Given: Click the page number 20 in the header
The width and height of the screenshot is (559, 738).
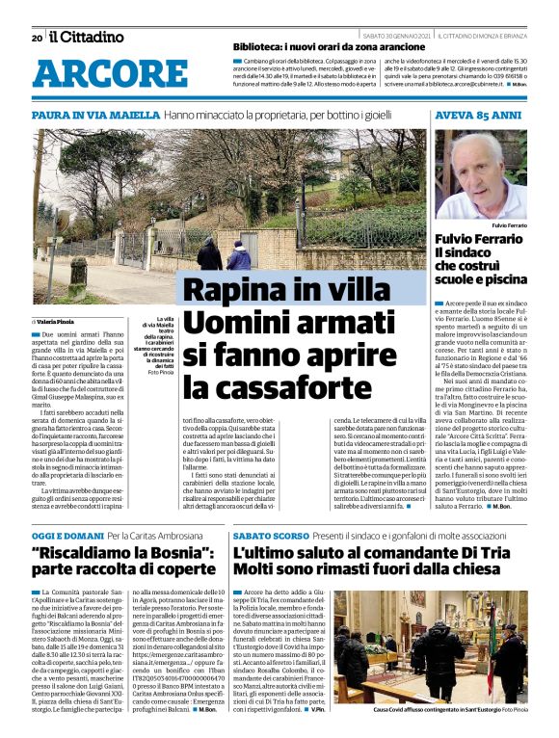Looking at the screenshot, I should tap(37, 38).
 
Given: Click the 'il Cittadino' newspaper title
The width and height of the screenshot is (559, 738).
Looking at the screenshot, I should tap(87, 37).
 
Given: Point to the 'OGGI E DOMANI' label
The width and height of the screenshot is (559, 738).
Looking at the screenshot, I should tap(67, 535).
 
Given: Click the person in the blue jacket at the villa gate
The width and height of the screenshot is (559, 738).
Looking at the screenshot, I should tap(239, 255).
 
